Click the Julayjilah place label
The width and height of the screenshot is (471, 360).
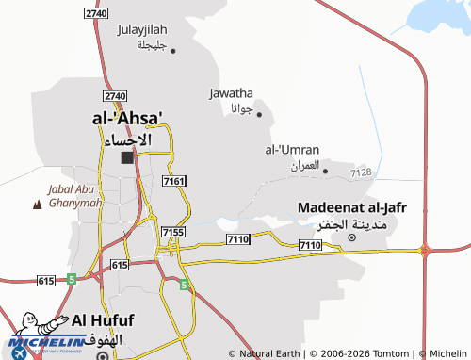click(141, 29)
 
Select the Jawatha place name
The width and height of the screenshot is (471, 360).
click(231, 93)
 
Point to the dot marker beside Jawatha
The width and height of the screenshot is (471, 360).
click(259, 115)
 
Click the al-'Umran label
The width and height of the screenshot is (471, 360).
click(292, 150)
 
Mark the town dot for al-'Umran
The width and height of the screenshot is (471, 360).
click(325, 171)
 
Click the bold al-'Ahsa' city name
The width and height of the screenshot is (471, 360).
click(127, 119)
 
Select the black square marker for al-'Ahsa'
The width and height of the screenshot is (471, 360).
click(127, 157)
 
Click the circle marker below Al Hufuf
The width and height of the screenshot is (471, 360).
click(102, 356)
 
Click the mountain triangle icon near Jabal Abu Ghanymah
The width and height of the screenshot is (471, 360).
click(37, 204)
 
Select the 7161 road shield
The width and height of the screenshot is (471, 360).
click(174, 180)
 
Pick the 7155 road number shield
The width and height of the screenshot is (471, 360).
click(173, 232)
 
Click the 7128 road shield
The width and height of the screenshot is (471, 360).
click(361, 172)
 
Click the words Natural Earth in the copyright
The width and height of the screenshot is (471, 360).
click(269, 353)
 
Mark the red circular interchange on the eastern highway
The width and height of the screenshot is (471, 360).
click(425, 250)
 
